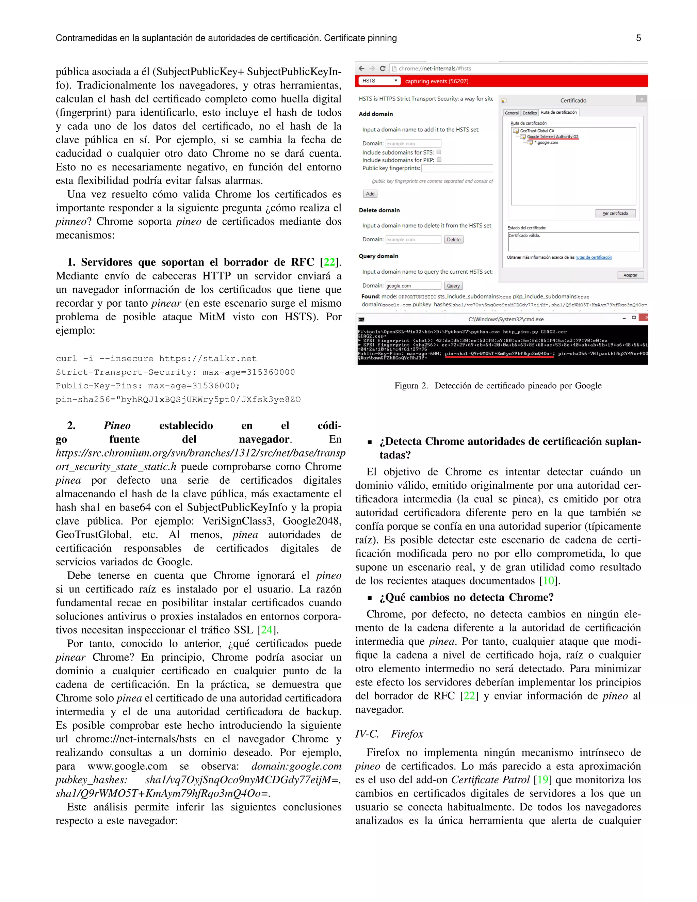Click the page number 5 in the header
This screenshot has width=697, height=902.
tap(638, 38)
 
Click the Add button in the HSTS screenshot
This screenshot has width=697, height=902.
tap(370, 194)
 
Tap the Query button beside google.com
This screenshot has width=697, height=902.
tap(453, 286)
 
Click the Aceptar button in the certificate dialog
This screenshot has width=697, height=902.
tap(630, 275)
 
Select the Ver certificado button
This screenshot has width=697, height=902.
tap(615, 213)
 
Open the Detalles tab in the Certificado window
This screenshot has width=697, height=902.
tap(529, 113)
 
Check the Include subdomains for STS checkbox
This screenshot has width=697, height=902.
tap(439, 152)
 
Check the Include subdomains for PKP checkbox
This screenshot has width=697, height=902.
tap(439, 160)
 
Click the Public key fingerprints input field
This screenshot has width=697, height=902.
tap(457, 168)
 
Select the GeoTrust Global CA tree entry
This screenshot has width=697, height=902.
tap(536, 130)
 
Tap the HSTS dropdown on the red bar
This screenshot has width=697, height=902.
tap(379, 81)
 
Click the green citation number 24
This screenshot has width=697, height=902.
tap(267, 630)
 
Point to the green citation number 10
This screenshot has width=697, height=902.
tap(548, 581)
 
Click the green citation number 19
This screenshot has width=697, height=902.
tap(542, 780)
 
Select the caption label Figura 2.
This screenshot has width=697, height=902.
tap(411, 386)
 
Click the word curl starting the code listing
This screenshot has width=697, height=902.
tap(66, 358)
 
